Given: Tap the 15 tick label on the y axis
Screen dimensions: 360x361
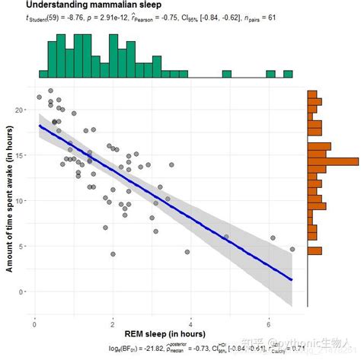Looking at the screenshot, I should (x=22, y=155).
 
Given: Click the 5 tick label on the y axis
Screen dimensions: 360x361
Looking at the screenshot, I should (x=24, y=245).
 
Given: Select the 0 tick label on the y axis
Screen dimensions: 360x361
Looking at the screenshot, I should (x=24, y=291).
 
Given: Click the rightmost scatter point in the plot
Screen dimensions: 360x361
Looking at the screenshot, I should (x=292, y=249).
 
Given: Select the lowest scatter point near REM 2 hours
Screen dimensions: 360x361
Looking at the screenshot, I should (x=113, y=254).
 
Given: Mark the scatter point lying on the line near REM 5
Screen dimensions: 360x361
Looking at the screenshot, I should (x=226, y=237).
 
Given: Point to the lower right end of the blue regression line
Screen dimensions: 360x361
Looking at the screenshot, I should (x=291, y=279).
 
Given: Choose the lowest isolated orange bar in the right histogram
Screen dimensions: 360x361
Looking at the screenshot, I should (x=314, y=250).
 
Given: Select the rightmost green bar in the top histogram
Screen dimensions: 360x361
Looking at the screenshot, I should (x=288, y=74).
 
